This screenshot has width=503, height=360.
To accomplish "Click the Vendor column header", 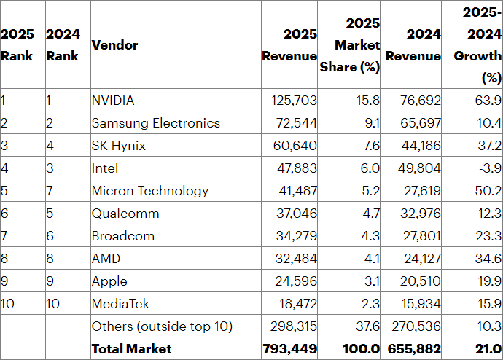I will point(114,45).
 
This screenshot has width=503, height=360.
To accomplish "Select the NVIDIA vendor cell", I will point(113,101).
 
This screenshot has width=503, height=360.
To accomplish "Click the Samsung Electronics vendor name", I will point(155,123).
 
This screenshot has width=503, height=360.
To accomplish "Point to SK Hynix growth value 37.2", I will point(487,146).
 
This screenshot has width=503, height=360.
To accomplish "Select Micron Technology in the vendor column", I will point(149,191).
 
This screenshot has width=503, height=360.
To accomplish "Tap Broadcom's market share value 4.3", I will point(370,236).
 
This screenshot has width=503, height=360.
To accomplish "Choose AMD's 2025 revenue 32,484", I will point(298,259).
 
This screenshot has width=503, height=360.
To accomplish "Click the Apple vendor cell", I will point(109,281).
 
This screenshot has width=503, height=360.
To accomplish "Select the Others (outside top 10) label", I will point(162,326).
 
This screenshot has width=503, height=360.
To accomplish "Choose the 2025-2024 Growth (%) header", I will point(477,44).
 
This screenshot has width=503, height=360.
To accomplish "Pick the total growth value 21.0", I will point(486,349).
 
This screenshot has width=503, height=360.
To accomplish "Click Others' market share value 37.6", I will point(367,326).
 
